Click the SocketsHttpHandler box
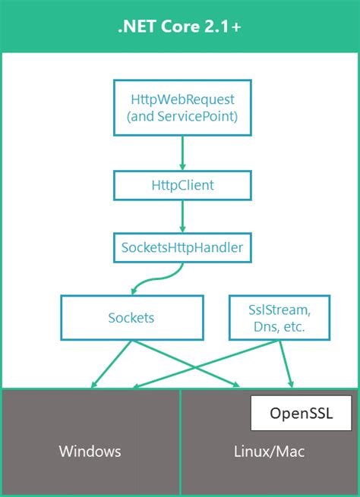coord(182,247)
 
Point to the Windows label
coord(90,451)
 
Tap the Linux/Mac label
coord(269,451)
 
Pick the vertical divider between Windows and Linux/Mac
coord(180,442)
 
